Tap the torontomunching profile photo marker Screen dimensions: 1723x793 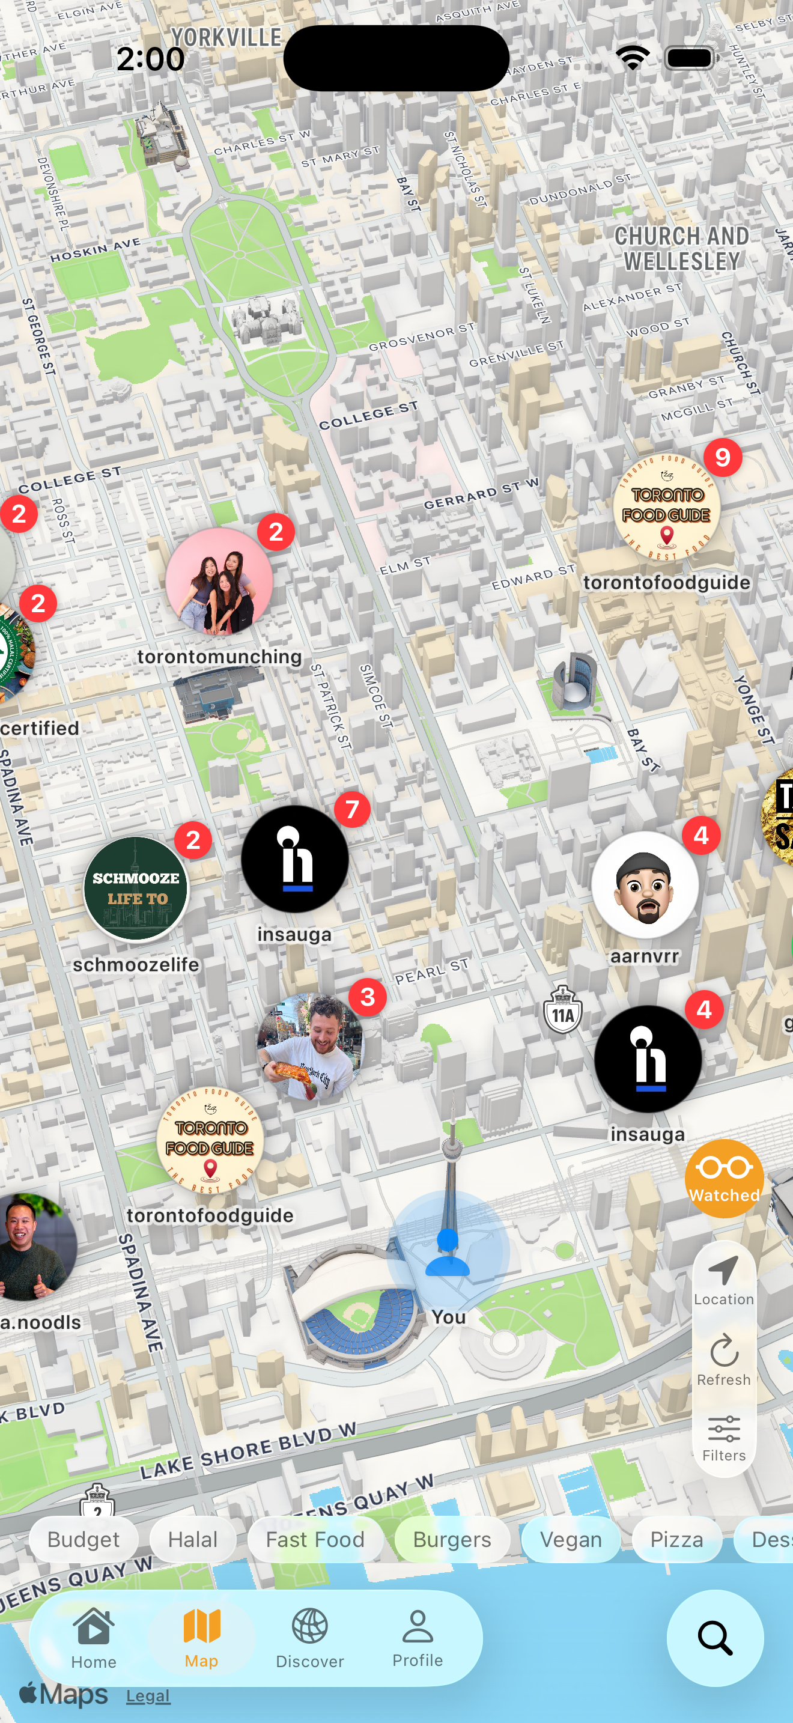[x=219, y=580]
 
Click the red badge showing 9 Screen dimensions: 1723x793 [x=722, y=458]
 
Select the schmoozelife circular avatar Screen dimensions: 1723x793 [x=136, y=889]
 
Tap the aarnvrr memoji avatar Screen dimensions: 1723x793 [x=645, y=885]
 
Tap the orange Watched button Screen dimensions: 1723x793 [x=724, y=1179]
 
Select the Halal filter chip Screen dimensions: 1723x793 [x=193, y=1539]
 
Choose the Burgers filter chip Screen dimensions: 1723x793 [x=452, y=1539]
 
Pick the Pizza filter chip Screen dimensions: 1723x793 [x=676, y=1539]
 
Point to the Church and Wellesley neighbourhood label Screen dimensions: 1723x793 [x=681, y=248]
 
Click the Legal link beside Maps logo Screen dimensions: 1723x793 [x=148, y=1695]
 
